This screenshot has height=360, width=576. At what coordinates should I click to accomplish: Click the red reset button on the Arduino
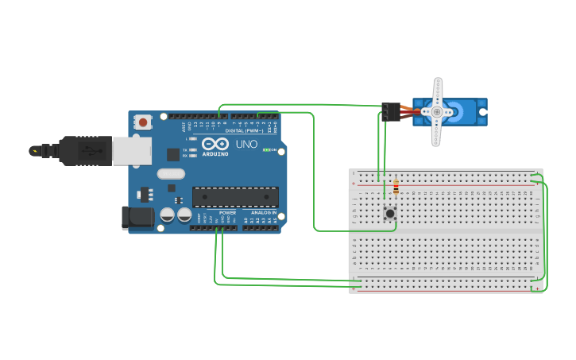(x=143, y=122)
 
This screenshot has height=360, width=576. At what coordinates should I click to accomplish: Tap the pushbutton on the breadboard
(x=390, y=213)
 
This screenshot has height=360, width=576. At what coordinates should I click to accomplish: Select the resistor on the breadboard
(x=396, y=188)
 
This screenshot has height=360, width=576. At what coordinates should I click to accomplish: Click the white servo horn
(x=437, y=112)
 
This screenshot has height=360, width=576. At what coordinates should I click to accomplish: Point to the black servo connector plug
(x=390, y=112)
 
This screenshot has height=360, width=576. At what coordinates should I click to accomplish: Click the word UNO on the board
(x=247, y=145)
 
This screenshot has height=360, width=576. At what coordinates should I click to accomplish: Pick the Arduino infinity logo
(x=215, y=145)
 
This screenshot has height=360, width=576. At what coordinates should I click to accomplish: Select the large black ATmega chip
(x=235, y=197)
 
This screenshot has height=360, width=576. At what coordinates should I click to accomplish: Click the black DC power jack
(x=137, y=217)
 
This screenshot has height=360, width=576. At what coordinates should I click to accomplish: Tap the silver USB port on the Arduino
(x=131, y=151)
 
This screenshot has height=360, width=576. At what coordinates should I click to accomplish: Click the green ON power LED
(x=268, y=149)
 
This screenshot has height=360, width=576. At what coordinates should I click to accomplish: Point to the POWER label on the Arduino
(x=227, y=213)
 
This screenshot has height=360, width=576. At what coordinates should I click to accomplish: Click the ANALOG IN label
(x=264, y=213)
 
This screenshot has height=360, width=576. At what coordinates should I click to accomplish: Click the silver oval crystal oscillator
(x=171, y=174)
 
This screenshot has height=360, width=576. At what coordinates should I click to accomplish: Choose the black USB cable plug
(x=84, y=150)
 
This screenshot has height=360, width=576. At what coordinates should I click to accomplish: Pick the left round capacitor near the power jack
(x=167, y=215)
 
